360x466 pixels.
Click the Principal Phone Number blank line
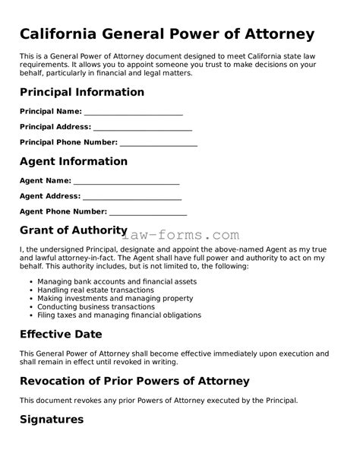tap(159, 143)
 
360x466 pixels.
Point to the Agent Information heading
tap(73, 161)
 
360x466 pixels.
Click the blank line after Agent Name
tap(127, 182)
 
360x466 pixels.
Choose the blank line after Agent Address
tap(132, 197)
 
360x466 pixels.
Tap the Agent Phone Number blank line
tap(148, 212)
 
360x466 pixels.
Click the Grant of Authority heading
tap(73, 230)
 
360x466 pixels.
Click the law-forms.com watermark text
tap(185, 236)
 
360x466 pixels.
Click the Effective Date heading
tap(60, 334)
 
